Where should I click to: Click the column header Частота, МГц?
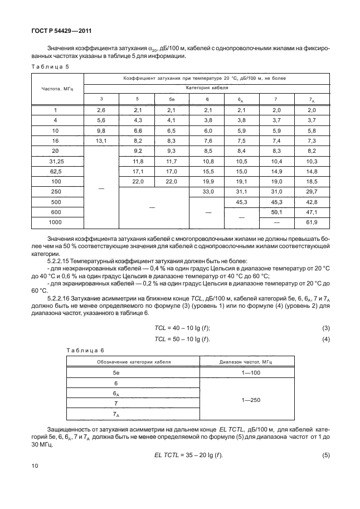[55, 88]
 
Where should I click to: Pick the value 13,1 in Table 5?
[101, 141]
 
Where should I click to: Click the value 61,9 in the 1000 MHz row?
[311, 222]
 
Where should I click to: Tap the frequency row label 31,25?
[55, 161]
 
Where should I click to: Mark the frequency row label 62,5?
[55, 171]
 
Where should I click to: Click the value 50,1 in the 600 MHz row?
[276, 212]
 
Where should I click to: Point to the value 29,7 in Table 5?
[311, 191]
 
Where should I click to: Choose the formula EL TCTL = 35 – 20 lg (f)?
[185, 471]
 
